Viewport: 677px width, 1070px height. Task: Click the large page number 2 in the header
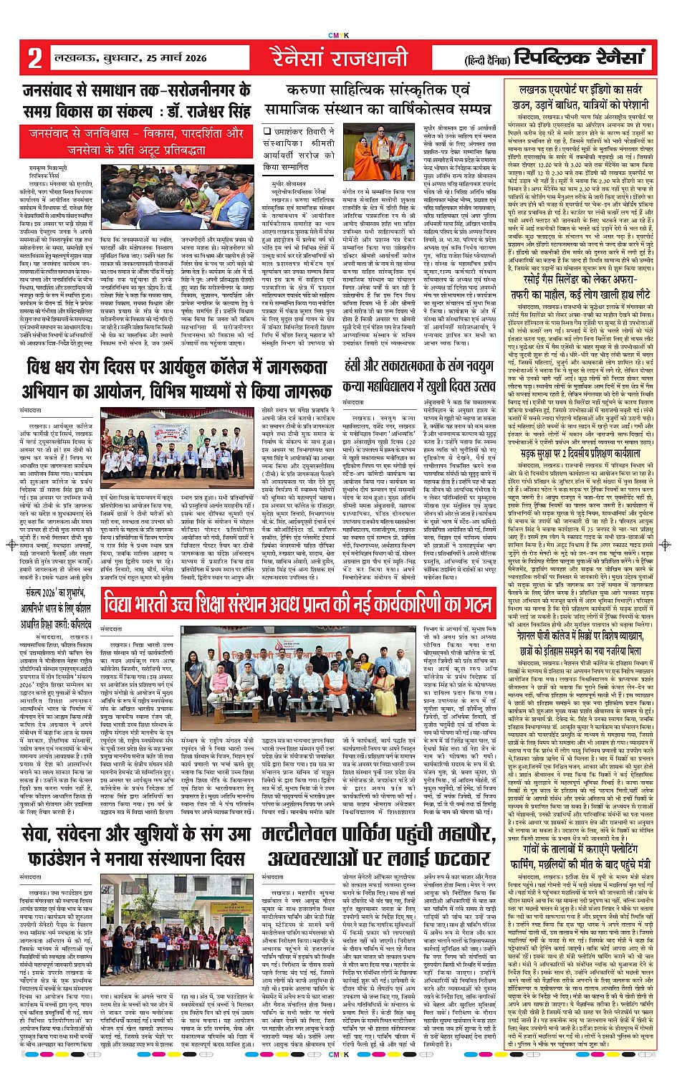click(34, 58)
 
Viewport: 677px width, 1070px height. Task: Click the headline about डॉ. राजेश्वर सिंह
click(136, 101)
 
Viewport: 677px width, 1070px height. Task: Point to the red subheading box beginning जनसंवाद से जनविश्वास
click(136, 142)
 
